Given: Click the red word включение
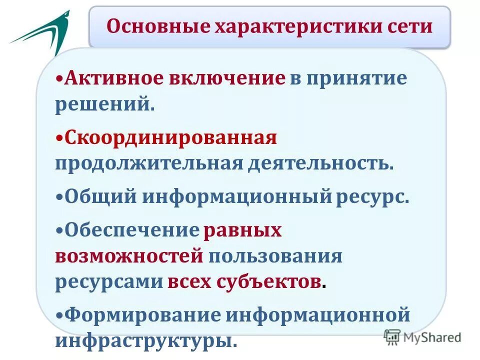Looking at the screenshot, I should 228,78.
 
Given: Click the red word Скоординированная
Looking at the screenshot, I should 170,137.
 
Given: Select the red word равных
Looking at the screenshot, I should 242,229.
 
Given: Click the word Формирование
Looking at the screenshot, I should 142,315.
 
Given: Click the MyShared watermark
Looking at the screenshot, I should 422,337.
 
